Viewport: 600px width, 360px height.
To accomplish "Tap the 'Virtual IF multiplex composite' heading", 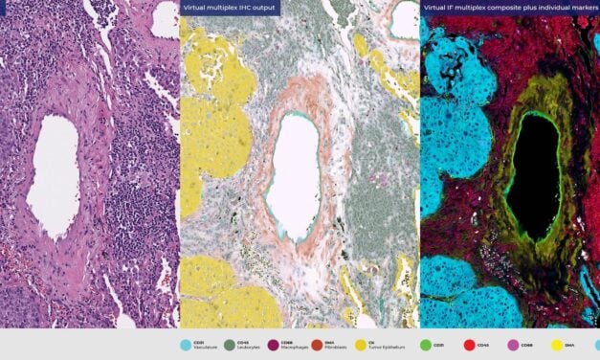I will [498, 7].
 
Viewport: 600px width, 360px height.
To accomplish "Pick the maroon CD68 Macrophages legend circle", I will [274, 345].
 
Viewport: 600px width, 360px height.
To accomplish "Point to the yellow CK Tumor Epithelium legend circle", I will [360, 345].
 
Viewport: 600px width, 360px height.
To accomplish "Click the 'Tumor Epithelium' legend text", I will [383, 349].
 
